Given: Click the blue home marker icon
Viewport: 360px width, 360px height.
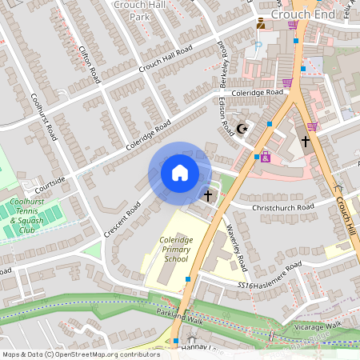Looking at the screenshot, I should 180,173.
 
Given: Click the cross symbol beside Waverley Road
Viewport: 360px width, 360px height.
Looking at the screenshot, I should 209,194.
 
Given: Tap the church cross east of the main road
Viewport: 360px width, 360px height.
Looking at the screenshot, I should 305,142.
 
